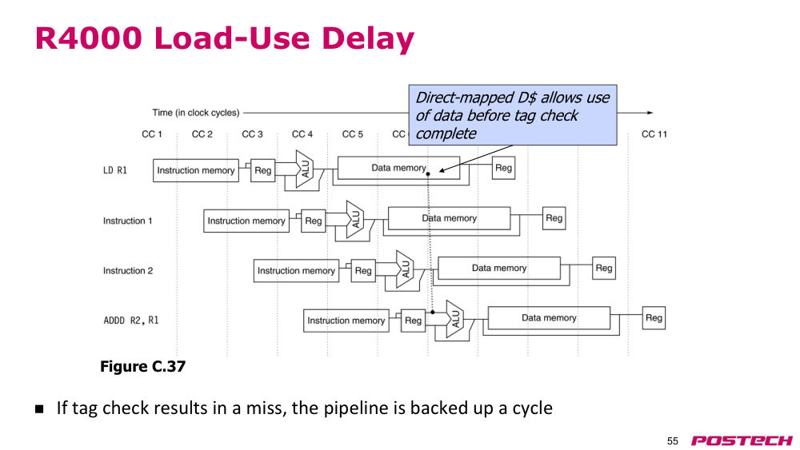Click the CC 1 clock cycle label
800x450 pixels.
(151, 134)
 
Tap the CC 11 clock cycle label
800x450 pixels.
(654, 134)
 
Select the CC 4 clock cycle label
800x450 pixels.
(302, 134)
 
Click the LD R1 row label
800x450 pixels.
(114, 170)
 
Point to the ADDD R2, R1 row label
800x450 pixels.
(131, 321)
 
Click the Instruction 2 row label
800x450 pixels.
(128, 271)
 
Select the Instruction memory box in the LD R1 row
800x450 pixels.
(196, 170)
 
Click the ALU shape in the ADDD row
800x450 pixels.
(454, 319)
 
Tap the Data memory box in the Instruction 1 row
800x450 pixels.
(449, 218)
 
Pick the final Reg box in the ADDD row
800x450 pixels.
(654, 318)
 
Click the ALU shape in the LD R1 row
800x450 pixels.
(305, 169)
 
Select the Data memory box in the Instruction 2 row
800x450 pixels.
(499, 268)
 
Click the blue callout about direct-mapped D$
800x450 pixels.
(513, 115)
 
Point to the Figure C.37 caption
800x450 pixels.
(143, 366)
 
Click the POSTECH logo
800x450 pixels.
(742, 440)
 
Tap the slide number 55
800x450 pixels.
(673, 441)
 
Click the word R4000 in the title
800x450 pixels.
(89, 38)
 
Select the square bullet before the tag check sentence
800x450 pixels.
(39, 408)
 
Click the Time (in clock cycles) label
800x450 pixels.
(196, 113)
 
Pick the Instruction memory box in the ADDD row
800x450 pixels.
(346, 321)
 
